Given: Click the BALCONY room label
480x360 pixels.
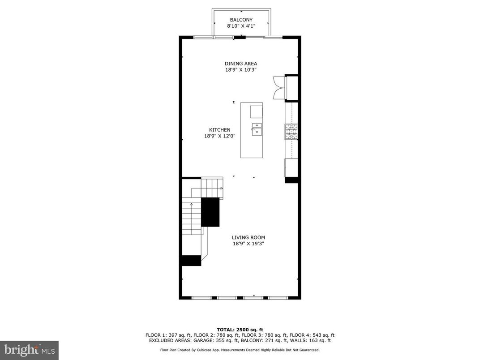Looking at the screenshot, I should coord(241,20).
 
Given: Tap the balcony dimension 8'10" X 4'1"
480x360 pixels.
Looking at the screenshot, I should coord(241,26).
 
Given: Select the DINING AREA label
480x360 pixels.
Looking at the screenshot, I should coord(241,64).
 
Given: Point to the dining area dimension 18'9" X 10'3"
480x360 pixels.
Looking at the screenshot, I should coord(241,70).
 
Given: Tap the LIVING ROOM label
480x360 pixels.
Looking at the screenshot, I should coord(248,237).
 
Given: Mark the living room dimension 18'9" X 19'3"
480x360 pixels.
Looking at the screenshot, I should coord(248,244).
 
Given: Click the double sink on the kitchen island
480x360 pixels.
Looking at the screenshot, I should coord(257,129).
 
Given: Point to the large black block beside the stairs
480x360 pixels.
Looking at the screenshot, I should coord(210,212).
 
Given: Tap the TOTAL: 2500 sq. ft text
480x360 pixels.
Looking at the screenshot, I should coord(240,329).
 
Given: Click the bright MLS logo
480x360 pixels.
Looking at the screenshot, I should coord(29,350).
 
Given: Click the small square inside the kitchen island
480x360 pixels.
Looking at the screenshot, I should coord(256,111).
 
